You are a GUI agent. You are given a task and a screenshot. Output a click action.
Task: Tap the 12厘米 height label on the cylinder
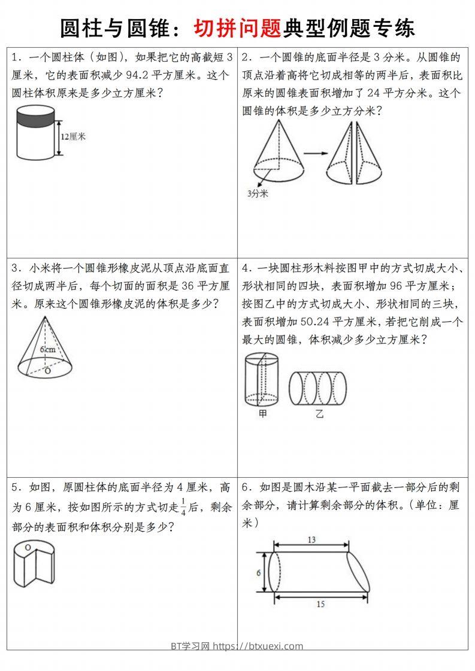(73, 136)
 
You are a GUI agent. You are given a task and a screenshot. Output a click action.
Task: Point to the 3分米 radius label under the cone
(258, 193)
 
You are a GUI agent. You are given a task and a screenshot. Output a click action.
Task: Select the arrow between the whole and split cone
(314, 154)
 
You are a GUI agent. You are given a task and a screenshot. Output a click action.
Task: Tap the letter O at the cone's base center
(48, 371)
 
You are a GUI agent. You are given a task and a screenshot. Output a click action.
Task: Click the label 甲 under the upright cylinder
(262, 413)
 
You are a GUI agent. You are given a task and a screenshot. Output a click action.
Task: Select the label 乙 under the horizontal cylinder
(319, 413)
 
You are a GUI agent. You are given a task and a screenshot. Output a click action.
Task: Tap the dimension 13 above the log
(311, 539)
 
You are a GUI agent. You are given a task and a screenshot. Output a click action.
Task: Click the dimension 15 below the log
(320, 604)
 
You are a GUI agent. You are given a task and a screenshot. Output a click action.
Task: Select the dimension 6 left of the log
(258, 572)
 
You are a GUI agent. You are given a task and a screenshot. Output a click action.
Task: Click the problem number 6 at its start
(245, 487)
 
